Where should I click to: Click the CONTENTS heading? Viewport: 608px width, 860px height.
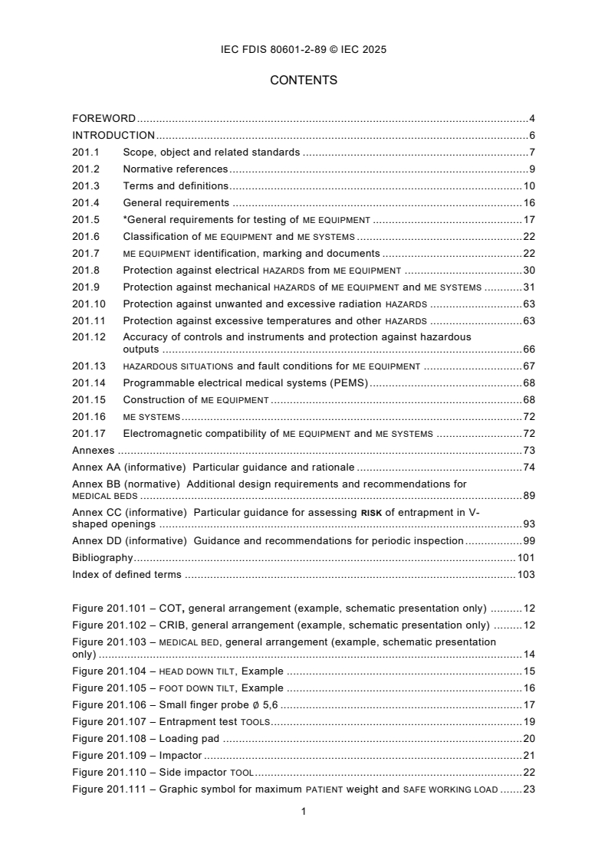[304, 80]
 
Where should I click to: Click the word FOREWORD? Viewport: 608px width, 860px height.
[104, 119]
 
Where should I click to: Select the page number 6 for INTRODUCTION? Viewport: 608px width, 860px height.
[531, 136]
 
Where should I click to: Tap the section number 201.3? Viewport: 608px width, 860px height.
[86, 186]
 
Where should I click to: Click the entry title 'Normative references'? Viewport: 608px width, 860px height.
[175, 169]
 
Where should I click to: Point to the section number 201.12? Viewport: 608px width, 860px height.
[88, 337]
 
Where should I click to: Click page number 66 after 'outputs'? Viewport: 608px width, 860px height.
[528, 350]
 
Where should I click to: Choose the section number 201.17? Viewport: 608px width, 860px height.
[88, 434]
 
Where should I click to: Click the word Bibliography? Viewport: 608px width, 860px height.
[102, 558]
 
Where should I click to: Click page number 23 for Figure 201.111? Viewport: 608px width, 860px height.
[528, 789]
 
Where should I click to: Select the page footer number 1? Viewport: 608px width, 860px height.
[304, 812]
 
